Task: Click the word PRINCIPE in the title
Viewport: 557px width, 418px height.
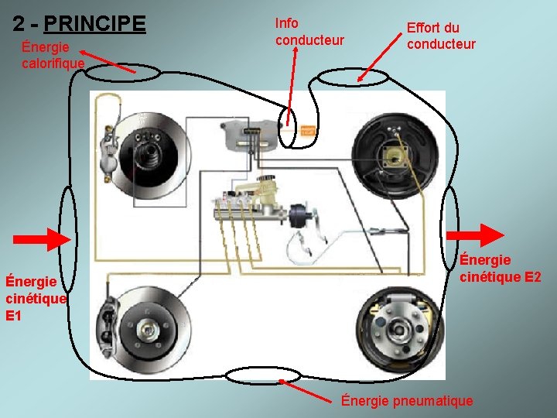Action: pos(94,23)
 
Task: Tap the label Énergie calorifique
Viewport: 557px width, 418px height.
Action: pos(52,55)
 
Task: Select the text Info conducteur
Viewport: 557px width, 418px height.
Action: pos(309,31)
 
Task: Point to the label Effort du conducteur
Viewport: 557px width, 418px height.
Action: pos(441,36)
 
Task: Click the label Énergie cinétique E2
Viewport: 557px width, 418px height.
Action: pos(500,268)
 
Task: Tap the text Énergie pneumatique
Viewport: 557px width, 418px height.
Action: pos(407,400)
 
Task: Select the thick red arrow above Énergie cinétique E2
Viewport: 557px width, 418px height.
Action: pos(486,235)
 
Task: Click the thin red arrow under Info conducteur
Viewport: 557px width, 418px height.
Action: pos(290,85)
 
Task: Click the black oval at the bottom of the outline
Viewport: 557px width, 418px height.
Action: pos(256,376)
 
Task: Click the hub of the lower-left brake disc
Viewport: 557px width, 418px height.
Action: pos(146,329)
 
